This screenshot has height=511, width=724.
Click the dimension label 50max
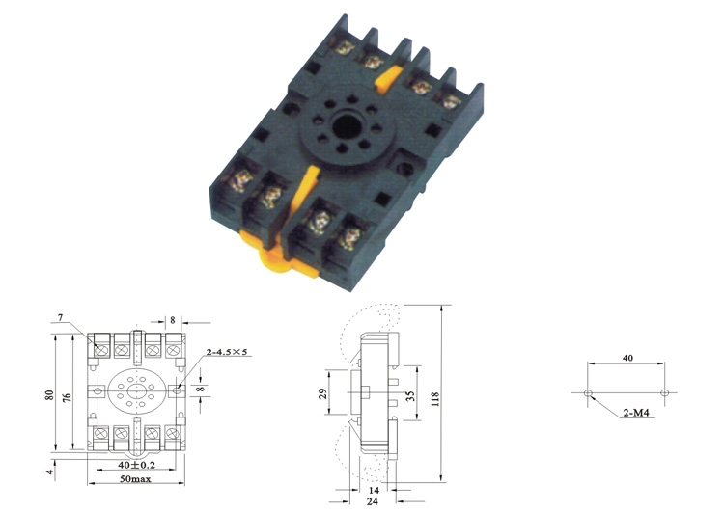coord(135,479)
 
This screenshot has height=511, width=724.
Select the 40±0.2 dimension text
coord(137,465)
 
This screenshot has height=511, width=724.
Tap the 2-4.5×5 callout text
coord(227,352)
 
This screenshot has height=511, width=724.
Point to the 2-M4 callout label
coord(636,413)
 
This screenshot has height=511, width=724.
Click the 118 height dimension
coord(434,399)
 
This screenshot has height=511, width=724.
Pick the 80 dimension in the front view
coord(49,395)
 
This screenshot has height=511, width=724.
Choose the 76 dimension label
coord(67,396)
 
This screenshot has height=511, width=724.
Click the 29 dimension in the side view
coord(322,393)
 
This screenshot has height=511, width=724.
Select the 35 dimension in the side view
coord(410,395)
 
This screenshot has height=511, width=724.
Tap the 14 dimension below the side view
coord(374,490)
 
